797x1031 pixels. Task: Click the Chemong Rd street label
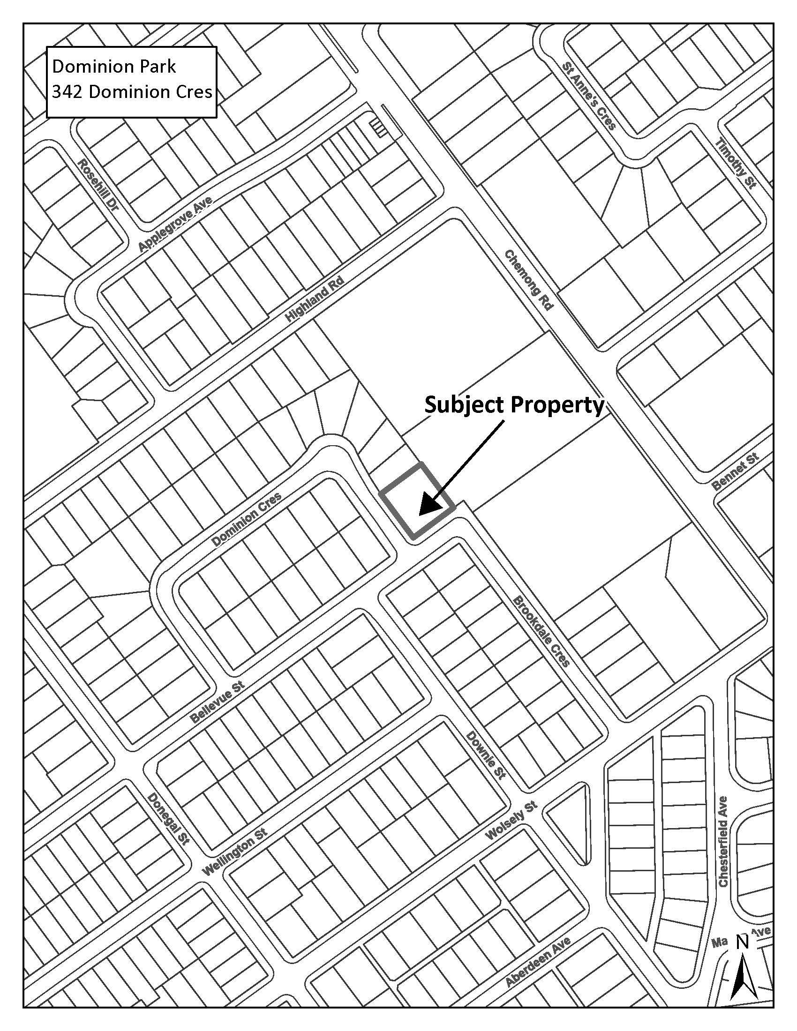[x=528, y=280]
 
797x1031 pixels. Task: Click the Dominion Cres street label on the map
[x=247, y=519]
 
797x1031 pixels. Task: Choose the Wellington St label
[x=234, y=852]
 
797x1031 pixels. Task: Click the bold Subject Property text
[x=514, y=405]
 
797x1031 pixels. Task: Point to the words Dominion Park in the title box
[x=113, y=67]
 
